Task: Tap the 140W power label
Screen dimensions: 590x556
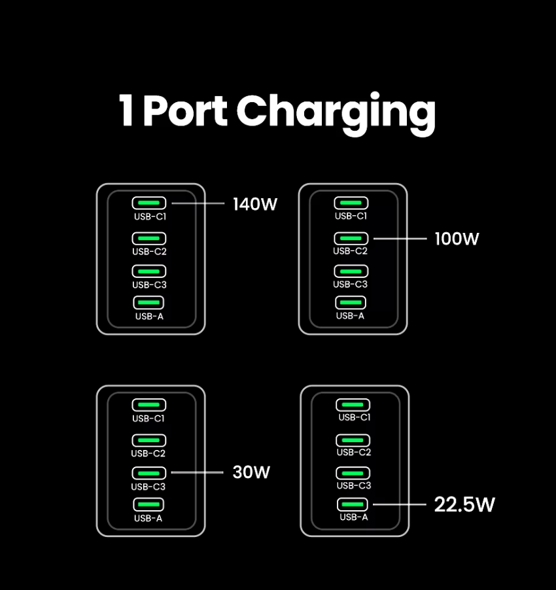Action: [x=255, y=204]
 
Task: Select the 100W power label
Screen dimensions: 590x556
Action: [x=457, y=239]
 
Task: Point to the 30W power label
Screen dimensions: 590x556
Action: [x=251, y=472]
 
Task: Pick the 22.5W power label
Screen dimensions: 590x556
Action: [x=464, y=504]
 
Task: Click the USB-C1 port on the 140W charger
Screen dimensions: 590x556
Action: [x=149, y=203]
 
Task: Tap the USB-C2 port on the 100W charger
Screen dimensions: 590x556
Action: [x=351, y=239]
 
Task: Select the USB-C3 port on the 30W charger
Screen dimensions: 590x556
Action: [x=149, y=473]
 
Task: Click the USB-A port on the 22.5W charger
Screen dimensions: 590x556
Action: [x=353, y=504]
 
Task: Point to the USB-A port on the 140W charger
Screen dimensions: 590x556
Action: [x=149, y=302]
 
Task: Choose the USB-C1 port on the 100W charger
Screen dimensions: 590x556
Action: [x=351, y=203]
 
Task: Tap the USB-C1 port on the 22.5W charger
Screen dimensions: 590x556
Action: [x=353, y=405]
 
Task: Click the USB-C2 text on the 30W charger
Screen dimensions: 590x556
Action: [x=148, y=453]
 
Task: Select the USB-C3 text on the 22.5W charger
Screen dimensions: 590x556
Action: [x=354, y=485]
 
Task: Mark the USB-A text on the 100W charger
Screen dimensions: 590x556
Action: [x=350, y=316]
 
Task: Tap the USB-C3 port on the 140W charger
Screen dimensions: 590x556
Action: [x=149, y=271]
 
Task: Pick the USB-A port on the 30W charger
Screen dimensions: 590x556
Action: [x=149, y=504]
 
